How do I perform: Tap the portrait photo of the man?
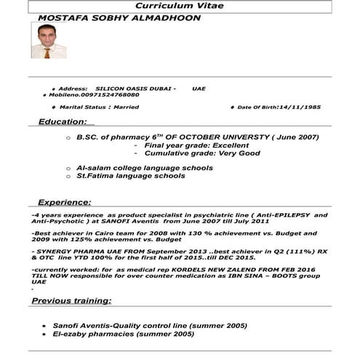tap(48, 41)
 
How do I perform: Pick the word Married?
tap(123, 107)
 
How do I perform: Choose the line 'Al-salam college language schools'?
tap(145, 168)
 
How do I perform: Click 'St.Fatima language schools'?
tap(131, 176)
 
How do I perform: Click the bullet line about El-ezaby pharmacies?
tap(123, 334)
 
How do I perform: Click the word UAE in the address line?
tap(199, 88)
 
